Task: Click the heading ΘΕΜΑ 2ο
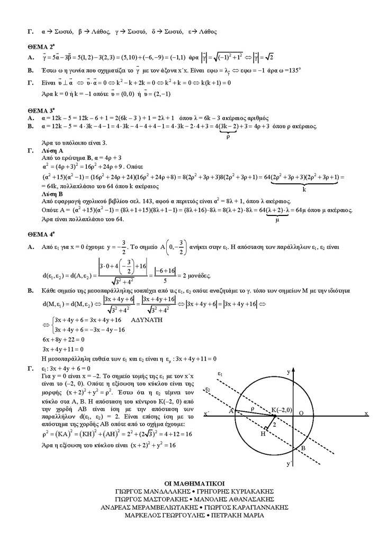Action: click(40, 46)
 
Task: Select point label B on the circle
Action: click(303, 448)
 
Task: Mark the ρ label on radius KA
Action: click(252, 408)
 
